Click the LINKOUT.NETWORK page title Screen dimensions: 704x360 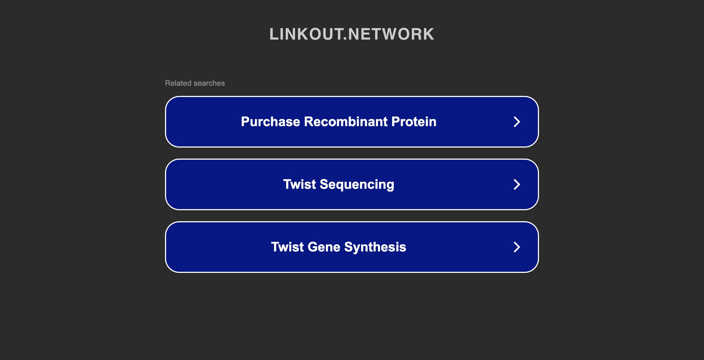coord(352,34)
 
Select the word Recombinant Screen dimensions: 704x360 coord(346,122)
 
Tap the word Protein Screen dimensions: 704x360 coord(414,122)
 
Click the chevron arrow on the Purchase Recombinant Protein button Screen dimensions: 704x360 coord(517,122)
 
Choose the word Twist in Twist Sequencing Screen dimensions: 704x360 coord(299,184)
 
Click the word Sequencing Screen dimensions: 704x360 coord(357,185)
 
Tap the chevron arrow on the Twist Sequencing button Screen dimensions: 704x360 coord(517,184)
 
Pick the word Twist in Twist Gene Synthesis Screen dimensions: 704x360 coord(287,247)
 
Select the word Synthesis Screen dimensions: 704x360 coord(375,247)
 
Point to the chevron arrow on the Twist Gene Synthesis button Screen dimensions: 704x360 coord(517,247)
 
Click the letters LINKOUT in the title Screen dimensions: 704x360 coord(306,34)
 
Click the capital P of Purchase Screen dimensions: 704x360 coord(246,122)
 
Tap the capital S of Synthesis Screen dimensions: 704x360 coord(349,247)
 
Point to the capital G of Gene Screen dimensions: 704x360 coord(313,247)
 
